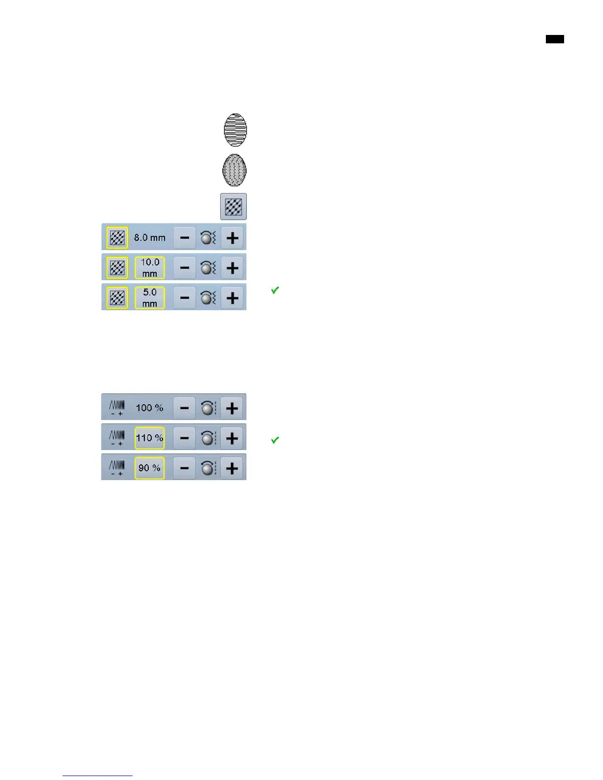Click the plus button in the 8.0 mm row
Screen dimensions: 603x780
click(232, 238)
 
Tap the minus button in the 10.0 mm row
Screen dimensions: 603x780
click(185, 268)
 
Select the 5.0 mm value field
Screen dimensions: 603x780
click(150, 298)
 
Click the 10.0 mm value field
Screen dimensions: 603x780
click(150, 268)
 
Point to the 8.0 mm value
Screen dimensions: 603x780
click(150, 238)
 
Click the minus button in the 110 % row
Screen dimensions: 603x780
click(185, 438)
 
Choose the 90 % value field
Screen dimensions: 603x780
click(150, 468)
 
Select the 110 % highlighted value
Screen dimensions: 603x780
click(150, 438)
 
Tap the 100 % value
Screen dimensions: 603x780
click(150, 408)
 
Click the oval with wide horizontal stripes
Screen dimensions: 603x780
click(235, 130)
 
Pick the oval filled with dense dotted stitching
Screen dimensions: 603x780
click(234, 170)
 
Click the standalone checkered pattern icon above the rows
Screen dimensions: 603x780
click(233, 206)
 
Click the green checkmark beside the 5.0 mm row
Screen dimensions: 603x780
click(275, 291)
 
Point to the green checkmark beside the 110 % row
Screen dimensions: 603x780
click(275, 440)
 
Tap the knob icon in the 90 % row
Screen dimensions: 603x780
click(208, 468)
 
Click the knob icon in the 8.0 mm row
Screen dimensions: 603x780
click(208, 238)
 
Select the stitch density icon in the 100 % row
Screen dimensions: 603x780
click(117, 408)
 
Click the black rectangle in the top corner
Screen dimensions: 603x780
click(555, 39)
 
